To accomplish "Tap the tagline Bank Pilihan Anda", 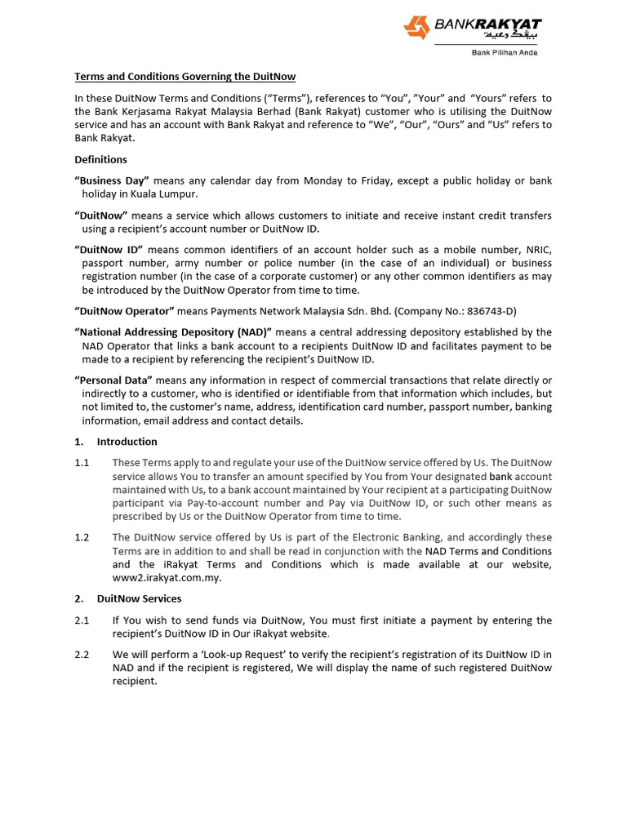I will [505, 53].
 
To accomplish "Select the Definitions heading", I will [100, 159].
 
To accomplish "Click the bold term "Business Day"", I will [112, 180].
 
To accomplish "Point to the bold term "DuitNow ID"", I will [109, 249].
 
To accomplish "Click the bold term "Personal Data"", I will [113, 380].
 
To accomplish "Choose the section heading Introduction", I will [127, 442].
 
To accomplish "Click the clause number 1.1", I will [82, 462].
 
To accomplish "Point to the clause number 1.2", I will [82, 537].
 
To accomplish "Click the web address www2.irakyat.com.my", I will [167, 578].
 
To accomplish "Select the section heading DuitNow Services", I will [139, 598].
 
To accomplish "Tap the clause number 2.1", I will [82, 620].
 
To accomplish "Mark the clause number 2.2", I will [82, 654].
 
